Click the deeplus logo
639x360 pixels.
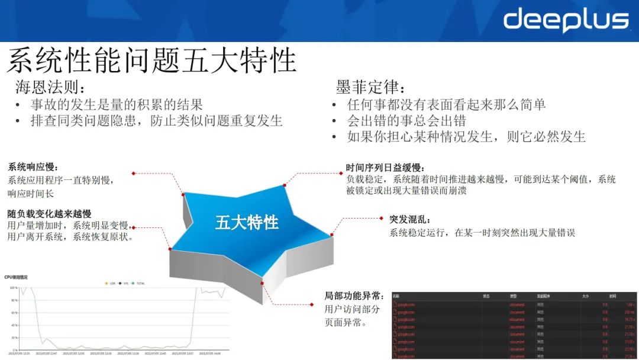[x=566, y=21]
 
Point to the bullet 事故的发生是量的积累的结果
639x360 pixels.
[x=117, y=105]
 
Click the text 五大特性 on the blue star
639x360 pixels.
[x=247, y=223]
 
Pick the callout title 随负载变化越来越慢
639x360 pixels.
[x=49, y=213]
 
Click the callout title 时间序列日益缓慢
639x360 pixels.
[x=385, y=168]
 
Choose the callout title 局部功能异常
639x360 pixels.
[x=354, y=295]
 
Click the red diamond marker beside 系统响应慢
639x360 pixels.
[x=134, y=173]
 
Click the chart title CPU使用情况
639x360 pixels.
[x=16, y=277]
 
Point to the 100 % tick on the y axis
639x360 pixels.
[x=13, y=288]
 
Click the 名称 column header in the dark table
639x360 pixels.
[x=396, y=295]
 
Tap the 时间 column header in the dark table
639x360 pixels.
[x=612, y=295]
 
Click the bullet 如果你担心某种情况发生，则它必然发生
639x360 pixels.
[x=466, y=137]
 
